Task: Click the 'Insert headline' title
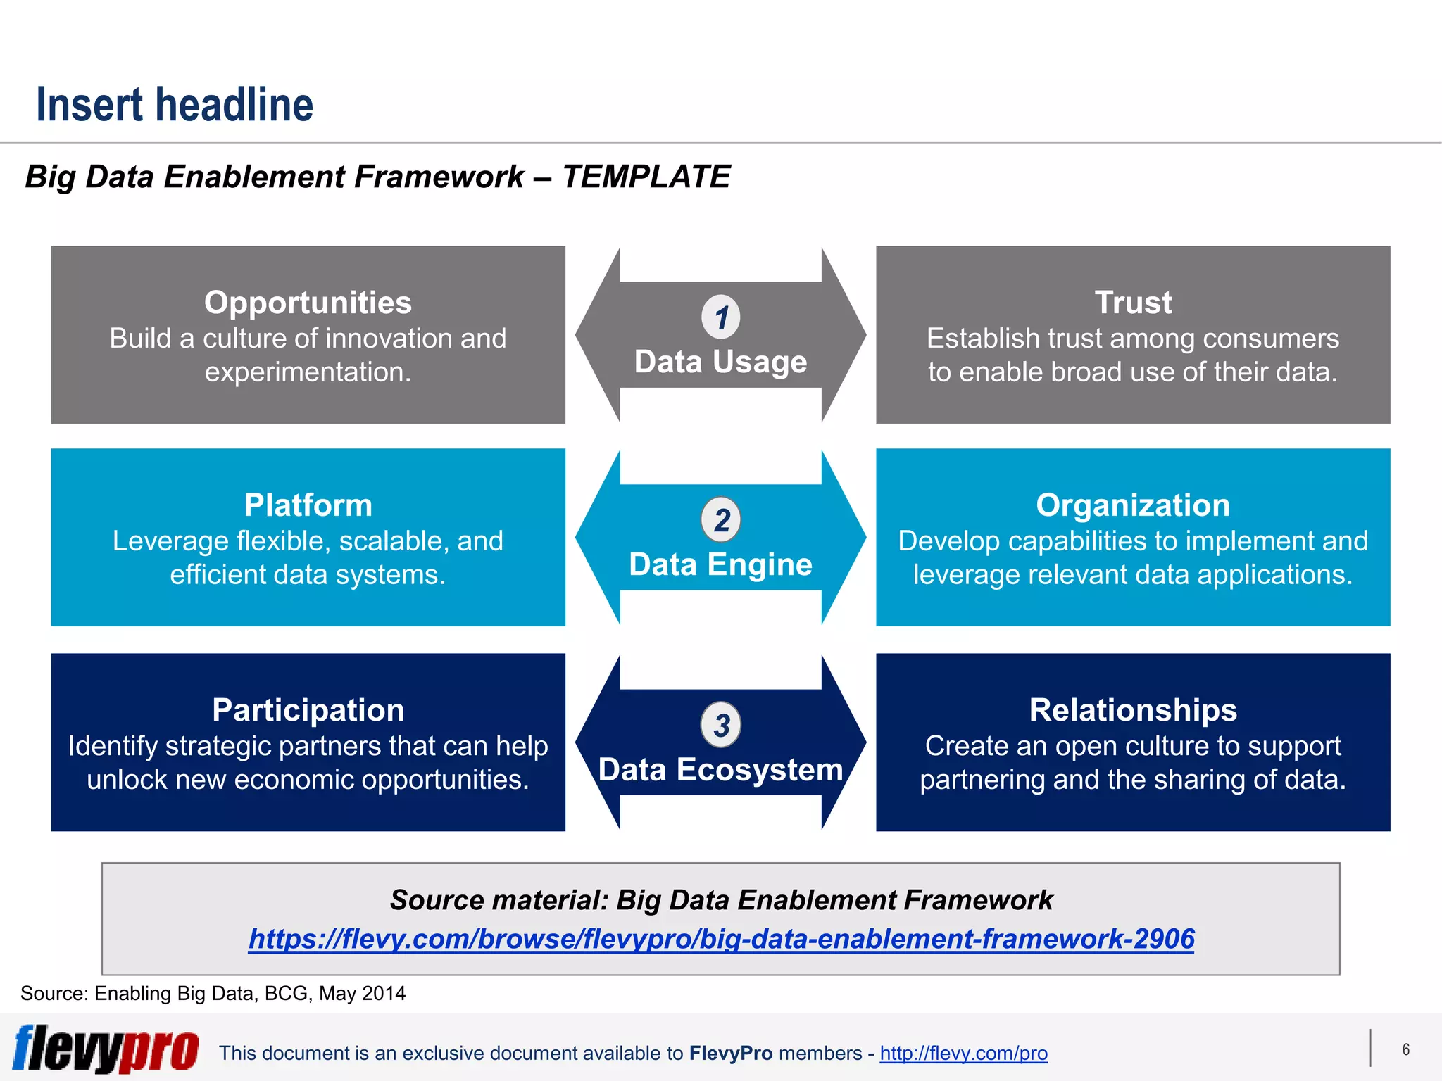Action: [x=174, y=105]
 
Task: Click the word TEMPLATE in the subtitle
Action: [x=646, y=177]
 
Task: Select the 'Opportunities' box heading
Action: [x=308, y=303]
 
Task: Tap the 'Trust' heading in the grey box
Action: [x=1132, y=303]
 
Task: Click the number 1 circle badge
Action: [x=721, y=317]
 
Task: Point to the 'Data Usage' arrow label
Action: [x=720, y=362]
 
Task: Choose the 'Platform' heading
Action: [x=308, y=505]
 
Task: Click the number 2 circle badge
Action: [x=721, y=520]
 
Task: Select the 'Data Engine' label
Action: [x=720, y=564]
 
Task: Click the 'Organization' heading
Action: [x=1132, y=505]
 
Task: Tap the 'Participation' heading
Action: [x=308, y=710]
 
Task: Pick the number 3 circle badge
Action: [x=721, y=725]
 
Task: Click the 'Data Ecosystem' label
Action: [x=720, y=770]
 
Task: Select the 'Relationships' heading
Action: [x=1132, y=710]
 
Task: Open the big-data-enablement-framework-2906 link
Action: [x=721, y=939]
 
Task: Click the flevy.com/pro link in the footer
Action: [x=963, y=1053]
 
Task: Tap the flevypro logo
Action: [x=106, y=1049]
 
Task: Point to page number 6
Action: [x=1405, y=1049]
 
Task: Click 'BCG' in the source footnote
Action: [x=287, y=993]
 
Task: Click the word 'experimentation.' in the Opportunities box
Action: [x=308, y=372]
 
